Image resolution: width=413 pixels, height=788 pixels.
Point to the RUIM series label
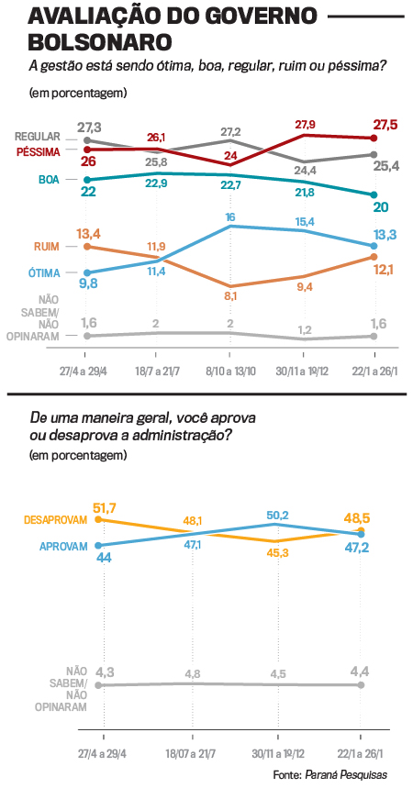tap(47, 246)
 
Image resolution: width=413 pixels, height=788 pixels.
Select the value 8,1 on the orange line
tap(231, 296)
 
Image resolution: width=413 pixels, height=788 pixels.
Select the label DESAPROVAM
tap(54, 519)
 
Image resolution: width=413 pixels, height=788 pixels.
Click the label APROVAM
tap(62, 545)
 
